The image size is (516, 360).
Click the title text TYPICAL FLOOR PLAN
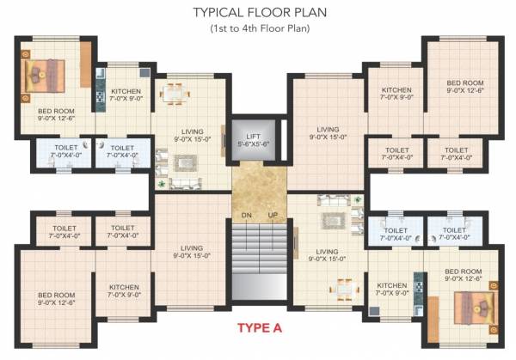tap(257, 13)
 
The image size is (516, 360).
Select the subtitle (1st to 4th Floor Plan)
tap(257, 29)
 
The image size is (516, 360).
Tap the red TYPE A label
tap(258, 327)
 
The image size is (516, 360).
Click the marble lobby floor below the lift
tap(258, 185)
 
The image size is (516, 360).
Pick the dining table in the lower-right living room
tap(344, 287)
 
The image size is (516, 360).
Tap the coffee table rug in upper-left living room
tap(184, 162)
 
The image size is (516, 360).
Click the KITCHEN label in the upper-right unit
tap(396, 94)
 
